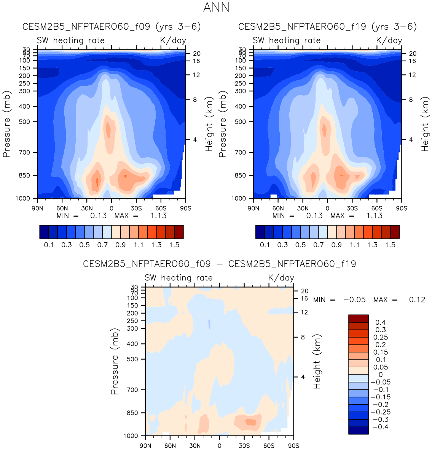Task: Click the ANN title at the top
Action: click(x=216, y=7)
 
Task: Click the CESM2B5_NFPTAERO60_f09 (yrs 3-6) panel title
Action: click(x=112, y=27)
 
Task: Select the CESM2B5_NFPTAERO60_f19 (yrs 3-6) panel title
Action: click(x=327, y=27)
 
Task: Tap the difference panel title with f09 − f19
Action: click(x=219, y=264)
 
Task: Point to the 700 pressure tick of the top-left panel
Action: click(x=24, y=152)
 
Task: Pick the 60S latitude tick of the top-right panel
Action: click(x=377, y=208)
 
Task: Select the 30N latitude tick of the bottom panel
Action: click(x=195, y=445)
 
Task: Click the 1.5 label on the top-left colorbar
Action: click(x=174, y=245)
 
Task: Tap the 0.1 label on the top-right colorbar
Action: click(x=265, y=245)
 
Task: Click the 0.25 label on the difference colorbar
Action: click(x=381, y=337)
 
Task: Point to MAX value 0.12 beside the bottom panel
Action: click(x=417, y=300)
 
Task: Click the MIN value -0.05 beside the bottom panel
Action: click(x=354, y=300)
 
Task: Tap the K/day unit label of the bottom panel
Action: click(x=281, y=278)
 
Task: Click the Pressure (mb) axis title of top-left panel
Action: click(x=6, y=124)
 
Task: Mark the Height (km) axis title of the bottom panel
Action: click(x=317, y=361)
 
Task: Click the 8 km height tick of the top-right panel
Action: click(x=411, y=100)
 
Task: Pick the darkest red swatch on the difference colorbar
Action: click(x=358, y=319)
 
